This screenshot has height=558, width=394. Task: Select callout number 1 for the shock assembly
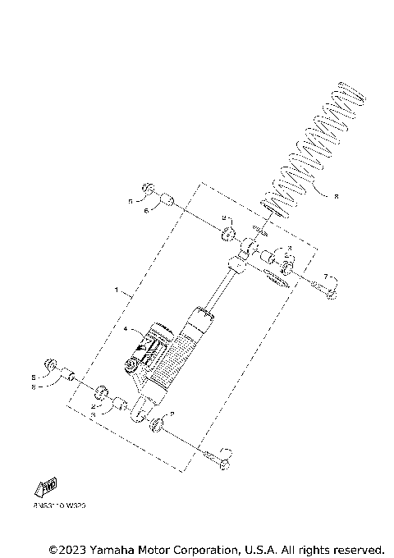click(117, 290)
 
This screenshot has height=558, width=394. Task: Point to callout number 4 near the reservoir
click(126, 330)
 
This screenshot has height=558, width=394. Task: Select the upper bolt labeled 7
click(321, 288)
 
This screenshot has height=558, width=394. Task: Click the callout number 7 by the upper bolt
click(325, 277)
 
